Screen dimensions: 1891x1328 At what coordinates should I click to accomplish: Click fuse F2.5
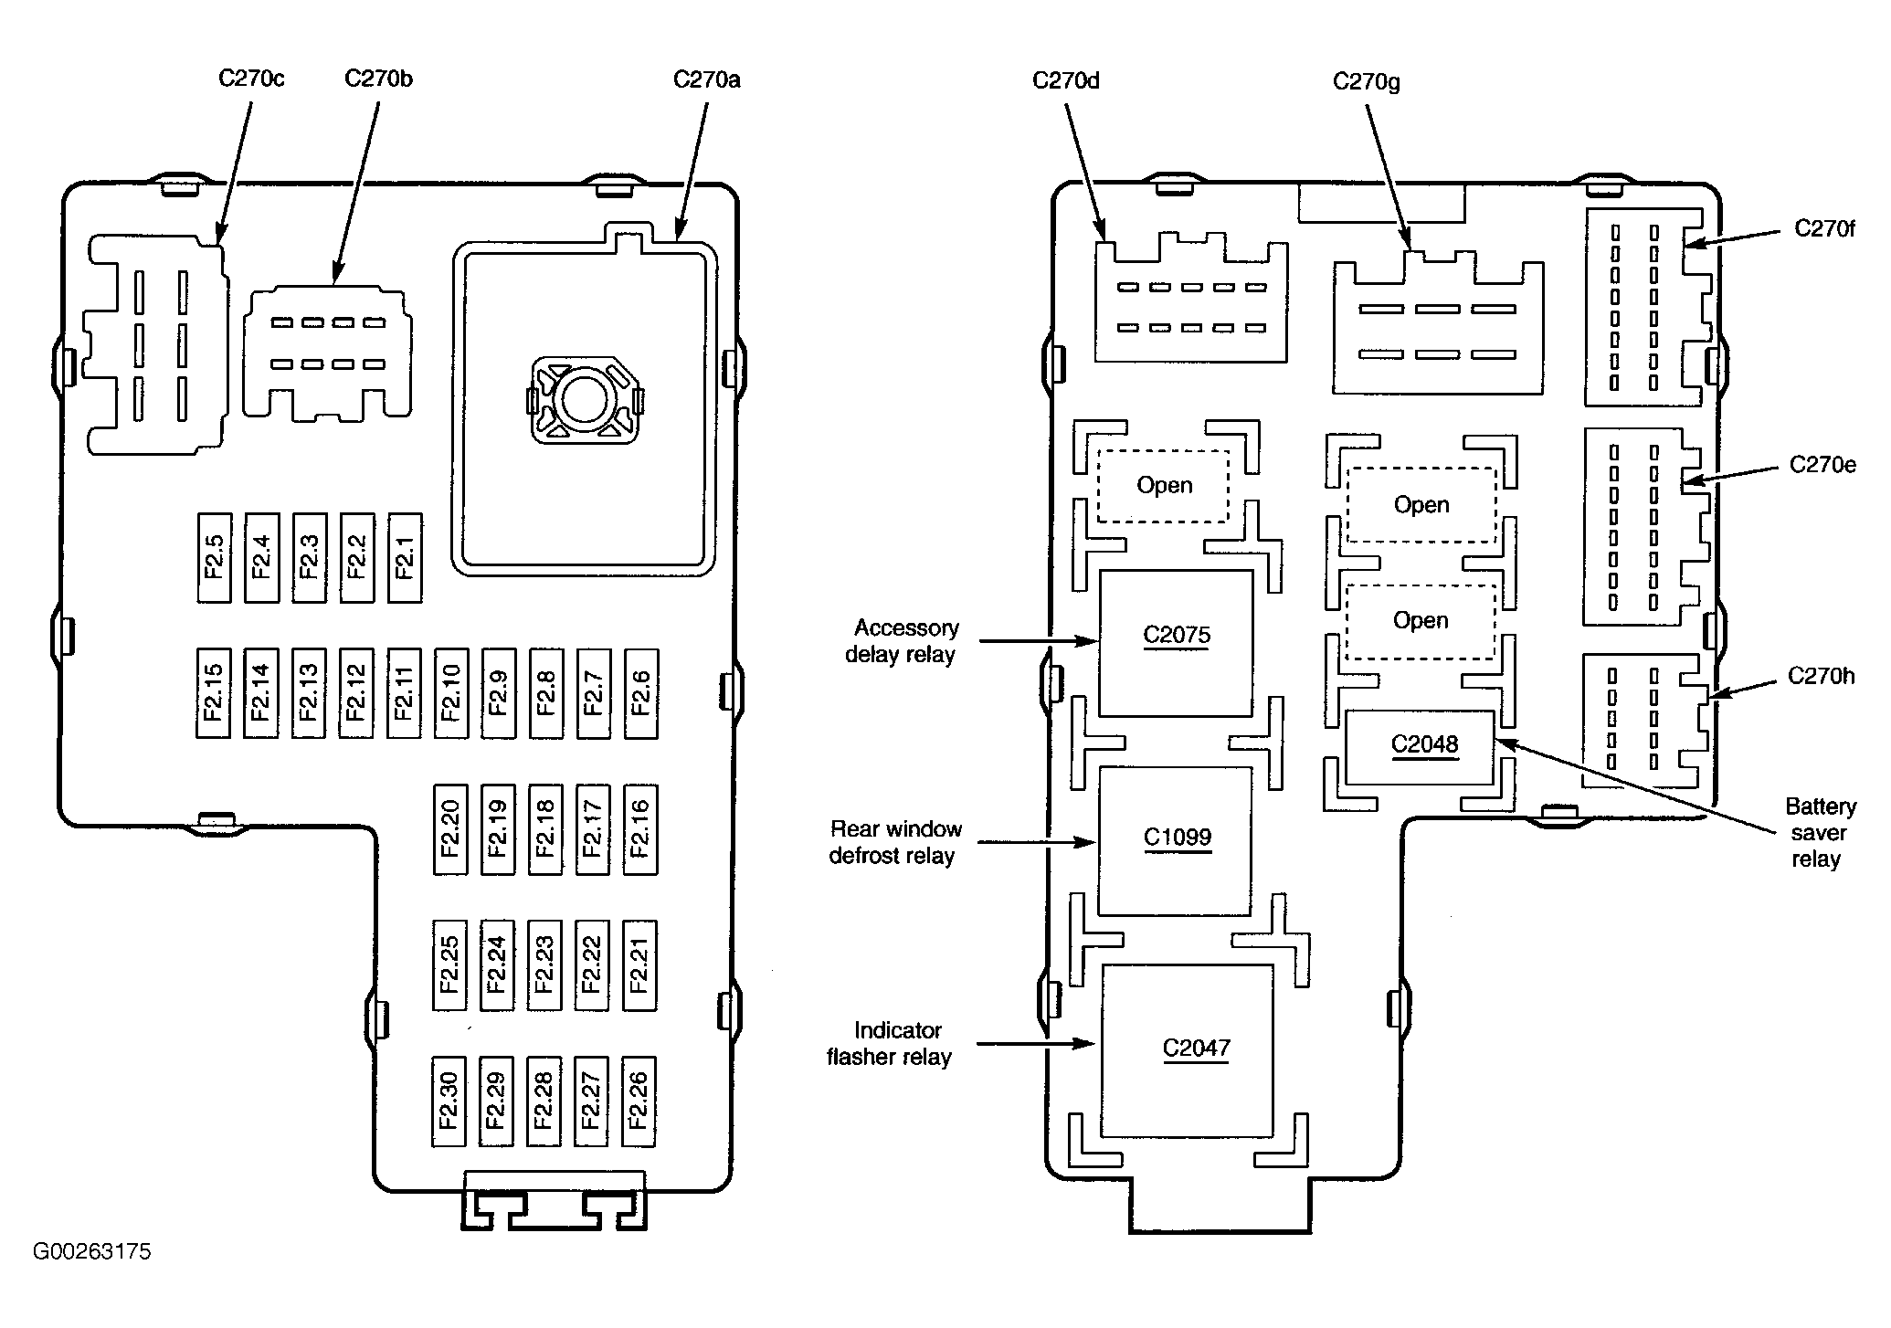click(214, 557)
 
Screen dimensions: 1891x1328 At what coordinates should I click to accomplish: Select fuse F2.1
click(405, 557)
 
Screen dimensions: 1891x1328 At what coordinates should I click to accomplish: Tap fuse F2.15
click(214, 693)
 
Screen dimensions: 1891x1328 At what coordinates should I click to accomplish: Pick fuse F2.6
click(641, 693)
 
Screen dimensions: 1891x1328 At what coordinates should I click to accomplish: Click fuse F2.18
click(545, 829)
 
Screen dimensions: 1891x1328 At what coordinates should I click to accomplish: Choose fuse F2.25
click(449, 965)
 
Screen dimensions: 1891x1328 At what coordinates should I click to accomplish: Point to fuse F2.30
click(449, 1101)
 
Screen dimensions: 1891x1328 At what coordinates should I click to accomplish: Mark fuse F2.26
click(639, 1101)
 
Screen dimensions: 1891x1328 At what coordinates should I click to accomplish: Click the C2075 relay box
click(1176, 644)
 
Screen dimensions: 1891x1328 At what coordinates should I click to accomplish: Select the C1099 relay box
click(1175, 841)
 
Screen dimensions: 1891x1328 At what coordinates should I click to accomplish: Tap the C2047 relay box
click(1188, 1050)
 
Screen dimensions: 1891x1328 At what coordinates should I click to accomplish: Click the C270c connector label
click(251, 79)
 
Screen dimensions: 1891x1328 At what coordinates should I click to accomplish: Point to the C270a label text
click(707, 79)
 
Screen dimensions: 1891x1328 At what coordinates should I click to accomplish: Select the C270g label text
click(1367, 82)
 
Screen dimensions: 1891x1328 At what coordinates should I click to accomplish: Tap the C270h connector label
click(1822, 677)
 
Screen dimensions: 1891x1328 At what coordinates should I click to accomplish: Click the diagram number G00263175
click(91, 1251)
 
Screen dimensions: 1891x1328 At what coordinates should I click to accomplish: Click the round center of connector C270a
click(581, 399)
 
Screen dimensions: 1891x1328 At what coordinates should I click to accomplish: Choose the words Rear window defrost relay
click(895, 842)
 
